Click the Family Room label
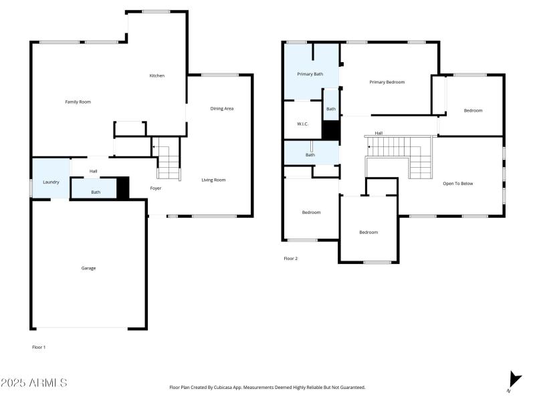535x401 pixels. point(78,102)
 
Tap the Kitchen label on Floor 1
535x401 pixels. point(156,76)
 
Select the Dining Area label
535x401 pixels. point(221,108)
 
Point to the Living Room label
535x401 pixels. point(213,180)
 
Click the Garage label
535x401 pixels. point(88,268)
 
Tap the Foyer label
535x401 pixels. point(155,188)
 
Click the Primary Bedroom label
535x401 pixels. point(387,82)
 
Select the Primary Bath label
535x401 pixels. point(310,74)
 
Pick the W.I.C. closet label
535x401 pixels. point(302,124)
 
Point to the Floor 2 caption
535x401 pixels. point(290,258)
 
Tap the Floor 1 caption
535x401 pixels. point(39,347)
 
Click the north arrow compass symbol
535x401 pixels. point(514,379)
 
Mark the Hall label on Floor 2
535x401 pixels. point(379,133)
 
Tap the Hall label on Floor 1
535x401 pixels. point(93,172)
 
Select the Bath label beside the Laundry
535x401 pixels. point(96,192)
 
